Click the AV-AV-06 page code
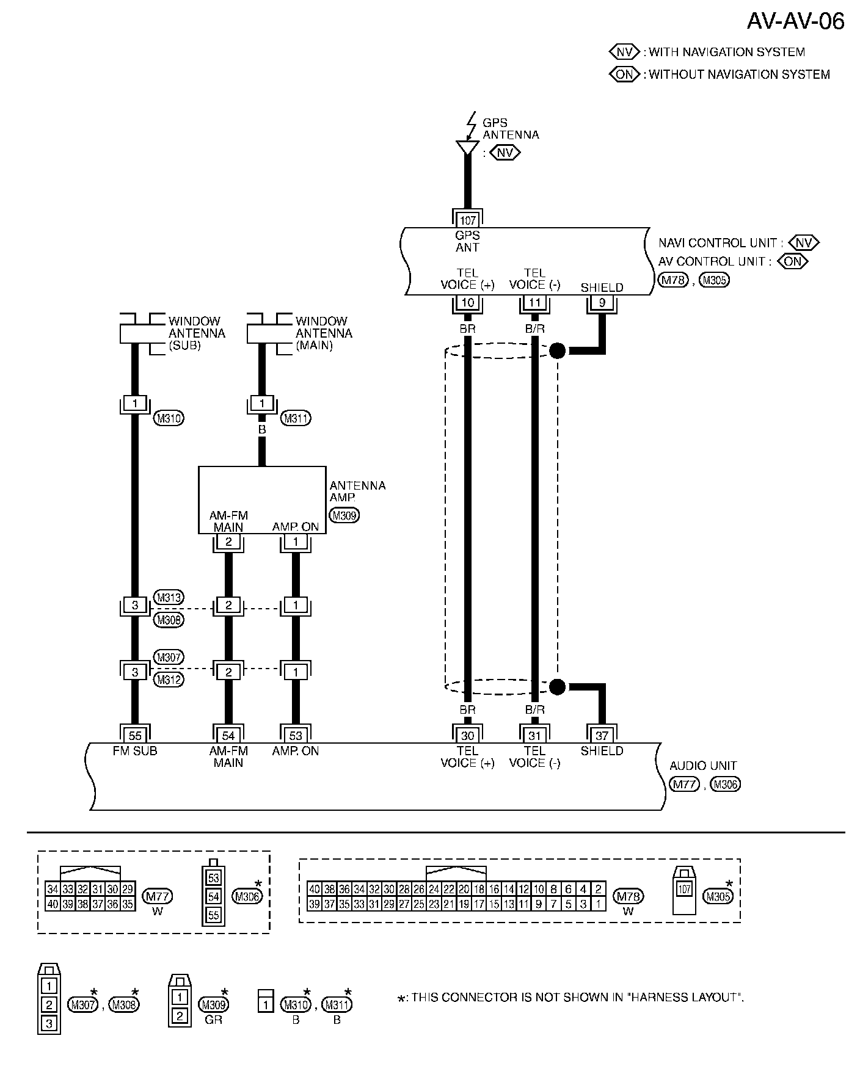795,21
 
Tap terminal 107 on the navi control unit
467,220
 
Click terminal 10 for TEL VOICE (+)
467,303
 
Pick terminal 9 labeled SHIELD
602,303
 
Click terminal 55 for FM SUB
135,735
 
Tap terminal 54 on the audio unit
228,735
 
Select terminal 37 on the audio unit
602,735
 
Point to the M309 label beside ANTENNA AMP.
344,515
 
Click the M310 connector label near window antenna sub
169,418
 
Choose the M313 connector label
169,597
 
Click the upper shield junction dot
557,350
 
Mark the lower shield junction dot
557,687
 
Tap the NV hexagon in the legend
624,52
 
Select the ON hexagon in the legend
624,74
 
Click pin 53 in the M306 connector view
213,879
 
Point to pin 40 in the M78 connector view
314,889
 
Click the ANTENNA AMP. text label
357,491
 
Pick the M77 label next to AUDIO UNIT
684,785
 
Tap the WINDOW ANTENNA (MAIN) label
324,333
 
